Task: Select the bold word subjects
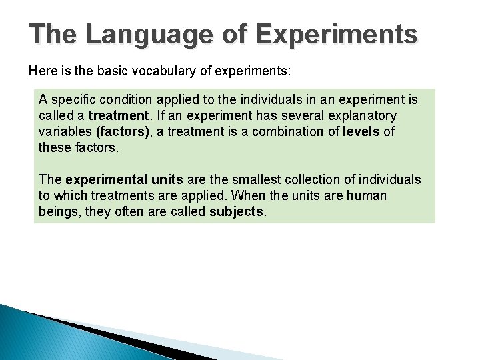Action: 237,211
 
